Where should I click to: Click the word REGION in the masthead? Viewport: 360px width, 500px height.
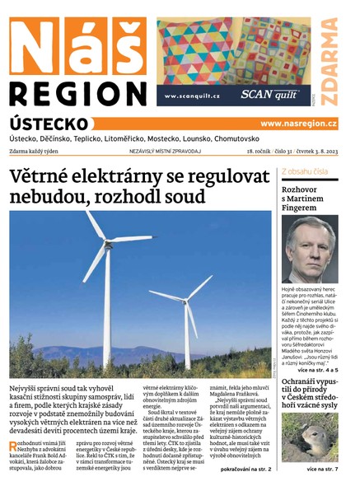(76, 91)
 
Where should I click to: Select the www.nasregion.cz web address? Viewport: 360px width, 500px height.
(298, 123)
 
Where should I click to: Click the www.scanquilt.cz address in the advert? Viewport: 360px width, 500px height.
(192, 96)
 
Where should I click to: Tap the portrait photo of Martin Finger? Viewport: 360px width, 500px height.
(309, 249)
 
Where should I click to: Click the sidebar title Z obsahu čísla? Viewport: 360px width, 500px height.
(305, 171)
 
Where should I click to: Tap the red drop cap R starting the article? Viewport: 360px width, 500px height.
(14, 446)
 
